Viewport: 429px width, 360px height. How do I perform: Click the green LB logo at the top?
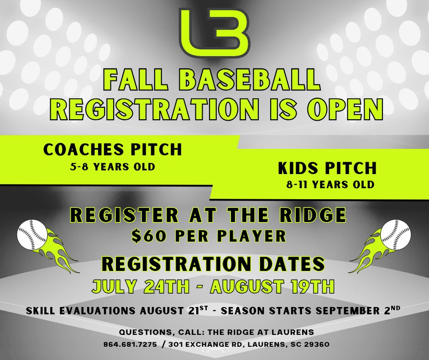[x=214, y=33]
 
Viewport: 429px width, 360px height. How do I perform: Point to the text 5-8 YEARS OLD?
[x=112, y=167]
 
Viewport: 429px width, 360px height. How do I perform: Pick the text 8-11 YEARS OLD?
[x=330, y=185]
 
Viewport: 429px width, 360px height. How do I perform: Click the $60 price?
[x=149, y=236]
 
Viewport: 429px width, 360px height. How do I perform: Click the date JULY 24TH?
[x=141, y=286]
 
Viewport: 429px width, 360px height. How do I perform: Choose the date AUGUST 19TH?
[x=272, y=286]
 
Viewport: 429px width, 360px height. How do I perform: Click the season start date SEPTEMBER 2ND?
[x=358, y=310]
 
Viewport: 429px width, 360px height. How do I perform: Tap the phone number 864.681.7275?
[x=130, y=344]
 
